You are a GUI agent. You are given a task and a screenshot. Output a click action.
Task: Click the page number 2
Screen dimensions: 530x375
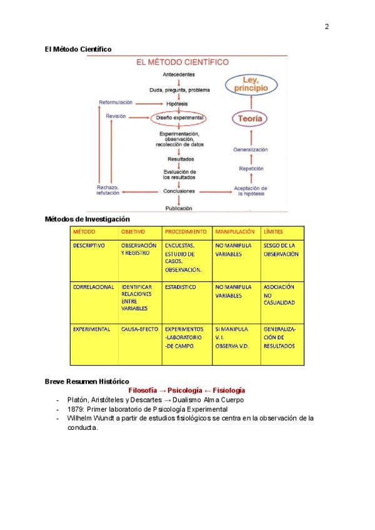(326, 26)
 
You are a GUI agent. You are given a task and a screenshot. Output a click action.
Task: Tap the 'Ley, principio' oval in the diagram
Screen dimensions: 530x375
(251, 84)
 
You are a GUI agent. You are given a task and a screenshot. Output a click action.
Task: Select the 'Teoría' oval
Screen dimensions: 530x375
(250, 118)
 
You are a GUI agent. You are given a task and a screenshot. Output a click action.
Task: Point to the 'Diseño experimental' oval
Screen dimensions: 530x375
(179, 117)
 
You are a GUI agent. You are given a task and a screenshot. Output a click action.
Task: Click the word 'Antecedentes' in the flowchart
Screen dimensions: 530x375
(179, 75)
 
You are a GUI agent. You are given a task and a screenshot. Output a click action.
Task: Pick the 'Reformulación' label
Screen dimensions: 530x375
(116, 102)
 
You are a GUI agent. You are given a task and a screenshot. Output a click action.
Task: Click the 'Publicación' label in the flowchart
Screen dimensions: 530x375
(179, 208)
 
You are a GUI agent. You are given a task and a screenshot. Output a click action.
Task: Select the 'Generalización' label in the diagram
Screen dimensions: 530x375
(251, 150)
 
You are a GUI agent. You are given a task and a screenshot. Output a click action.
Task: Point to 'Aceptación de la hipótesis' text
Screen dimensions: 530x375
(251, 191)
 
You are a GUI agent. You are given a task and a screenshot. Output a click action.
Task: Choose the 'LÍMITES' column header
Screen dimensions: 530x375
(273, 232)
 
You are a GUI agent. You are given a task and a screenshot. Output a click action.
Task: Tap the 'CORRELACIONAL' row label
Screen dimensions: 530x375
(93, 287)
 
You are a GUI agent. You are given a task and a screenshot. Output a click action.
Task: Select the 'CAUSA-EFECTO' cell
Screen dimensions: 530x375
(139, 329)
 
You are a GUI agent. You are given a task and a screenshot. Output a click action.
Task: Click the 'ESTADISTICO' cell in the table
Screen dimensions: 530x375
(180, 287)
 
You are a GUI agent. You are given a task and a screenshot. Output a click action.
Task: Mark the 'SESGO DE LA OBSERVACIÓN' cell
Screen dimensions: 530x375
(281, 250)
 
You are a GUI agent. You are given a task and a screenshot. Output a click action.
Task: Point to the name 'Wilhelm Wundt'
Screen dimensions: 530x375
(91, 418)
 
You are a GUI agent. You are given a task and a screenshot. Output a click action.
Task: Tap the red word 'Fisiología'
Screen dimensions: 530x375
(224, 391)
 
